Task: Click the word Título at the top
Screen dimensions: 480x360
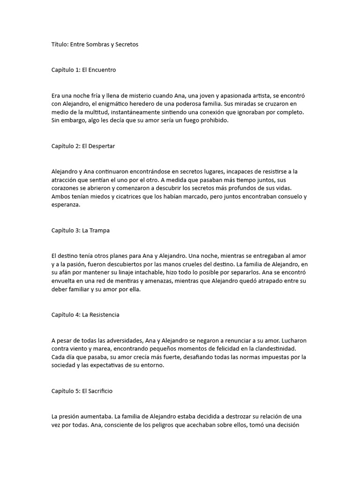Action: click(x=60, y=45)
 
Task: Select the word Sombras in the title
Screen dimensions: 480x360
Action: click(x=102, y=45)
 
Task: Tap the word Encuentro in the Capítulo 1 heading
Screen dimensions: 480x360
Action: click(x=102, y=70)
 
